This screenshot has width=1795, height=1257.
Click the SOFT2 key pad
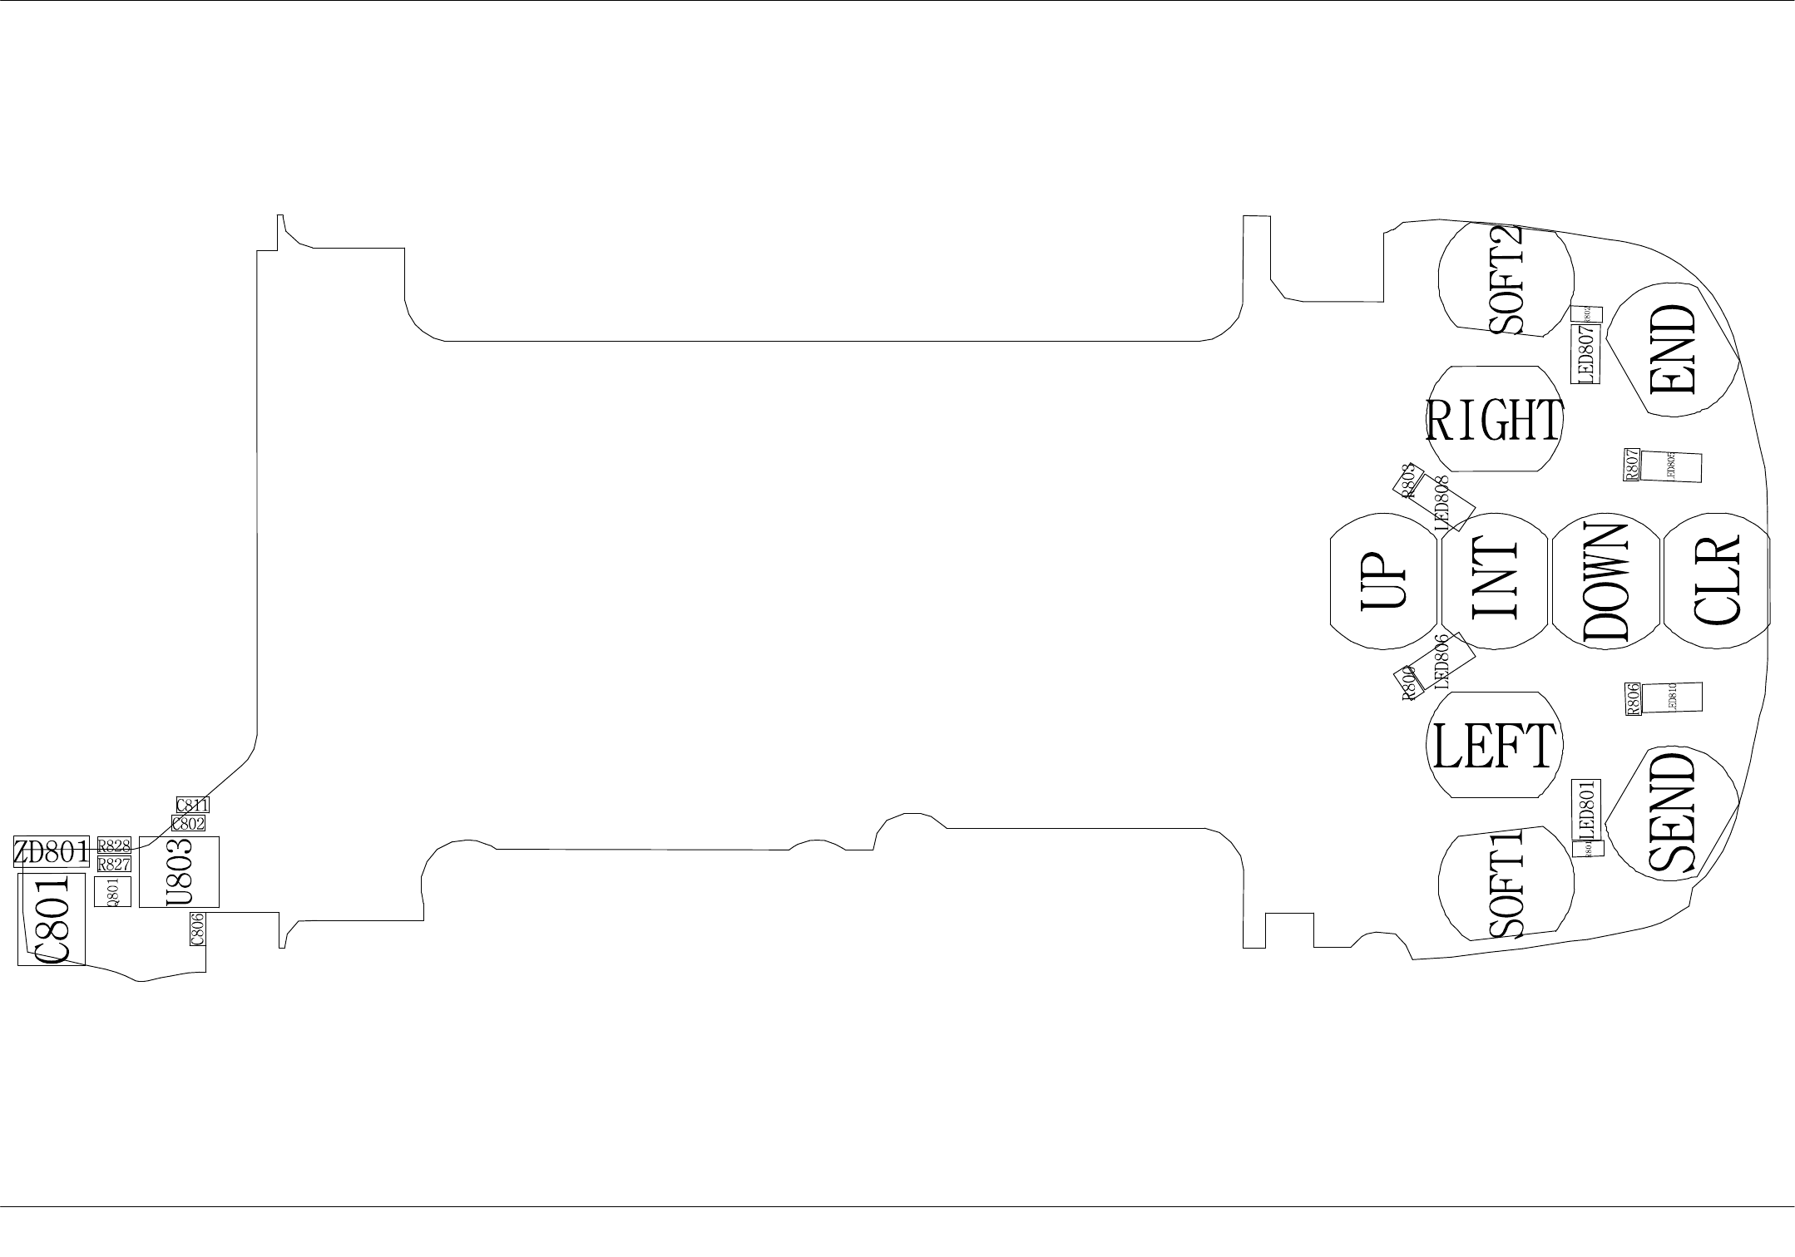(1506, 279)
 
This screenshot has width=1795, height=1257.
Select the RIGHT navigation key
(1495, 420)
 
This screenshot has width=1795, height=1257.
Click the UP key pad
(1383, 581)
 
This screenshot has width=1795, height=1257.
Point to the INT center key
(1496, 581)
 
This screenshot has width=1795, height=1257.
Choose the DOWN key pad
(1605, 581)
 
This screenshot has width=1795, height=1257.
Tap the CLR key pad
(1716, 581)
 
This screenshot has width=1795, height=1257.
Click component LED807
(1585, 353)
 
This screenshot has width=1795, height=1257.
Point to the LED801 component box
(1585, 811)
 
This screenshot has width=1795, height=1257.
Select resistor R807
(1633, 464)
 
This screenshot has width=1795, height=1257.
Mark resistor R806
(1633, 699)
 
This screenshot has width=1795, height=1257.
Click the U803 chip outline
(179, 871)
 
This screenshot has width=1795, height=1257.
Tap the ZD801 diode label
(51, 851)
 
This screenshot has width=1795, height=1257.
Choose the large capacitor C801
(51, 919)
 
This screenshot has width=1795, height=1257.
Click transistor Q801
(112, 891)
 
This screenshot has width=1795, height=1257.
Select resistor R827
(114, 864)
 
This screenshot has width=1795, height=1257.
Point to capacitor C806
(197, 929)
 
